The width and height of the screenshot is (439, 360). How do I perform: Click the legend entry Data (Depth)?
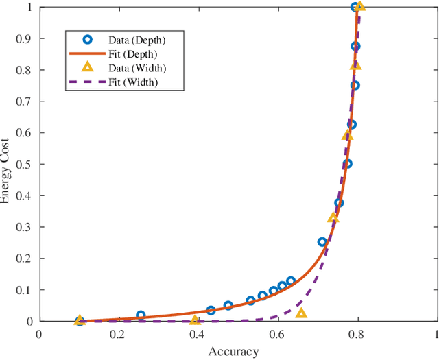click(x=137, y=40)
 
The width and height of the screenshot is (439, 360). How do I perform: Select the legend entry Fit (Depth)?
click(x=137, y=53)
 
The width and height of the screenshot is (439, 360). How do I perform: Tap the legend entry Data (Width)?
click(x=137, y=68)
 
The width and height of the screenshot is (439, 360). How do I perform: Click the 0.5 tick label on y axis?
click(x=27, y=164)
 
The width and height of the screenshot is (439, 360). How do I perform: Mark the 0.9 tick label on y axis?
click(x=27, y=38)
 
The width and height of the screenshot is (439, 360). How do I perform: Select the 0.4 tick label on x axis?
click(x=198, y=334)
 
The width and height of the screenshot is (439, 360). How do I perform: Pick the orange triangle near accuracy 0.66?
click(x=301, y=313)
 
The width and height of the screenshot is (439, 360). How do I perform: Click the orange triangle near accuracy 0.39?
click(x=194, y=320)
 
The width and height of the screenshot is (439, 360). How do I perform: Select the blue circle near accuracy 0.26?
click(x=141, y=315)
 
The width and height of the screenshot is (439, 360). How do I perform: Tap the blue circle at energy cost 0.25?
click(x=322, y=242)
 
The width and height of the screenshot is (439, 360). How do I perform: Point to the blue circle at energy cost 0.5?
click(x=347, y=164)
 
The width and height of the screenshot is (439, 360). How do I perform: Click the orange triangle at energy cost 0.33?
click(x=333, y=218)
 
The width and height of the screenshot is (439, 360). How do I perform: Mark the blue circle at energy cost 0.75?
click(x=355, y=86)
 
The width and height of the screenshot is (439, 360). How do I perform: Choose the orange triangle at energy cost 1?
click(x=359, y=7)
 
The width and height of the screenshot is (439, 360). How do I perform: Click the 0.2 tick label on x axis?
click(x=118, y=334)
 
